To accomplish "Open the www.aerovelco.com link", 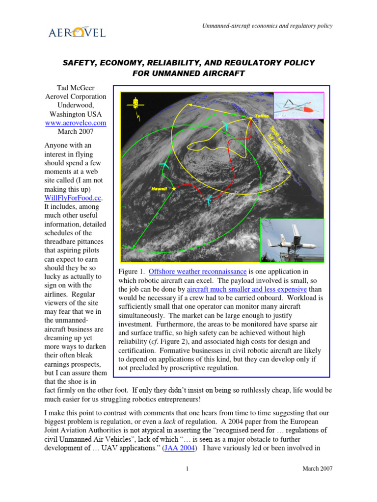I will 75,123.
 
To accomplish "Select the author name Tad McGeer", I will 75,87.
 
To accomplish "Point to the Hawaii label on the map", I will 159,189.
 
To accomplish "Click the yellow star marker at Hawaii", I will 174,189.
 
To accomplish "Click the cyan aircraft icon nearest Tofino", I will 225,125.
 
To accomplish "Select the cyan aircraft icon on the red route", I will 209,200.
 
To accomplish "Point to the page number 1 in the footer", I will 188,469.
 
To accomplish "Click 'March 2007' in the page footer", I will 317,469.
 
